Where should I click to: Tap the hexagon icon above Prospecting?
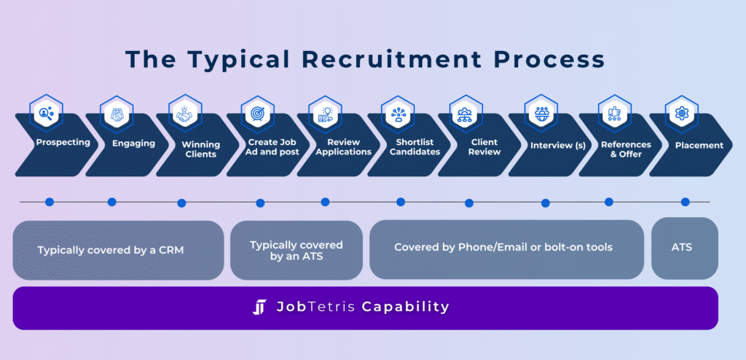pos(47,113)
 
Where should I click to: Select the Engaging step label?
pos(133,144)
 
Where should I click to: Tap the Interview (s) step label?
pos(557,146)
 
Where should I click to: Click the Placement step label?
pos(699,145)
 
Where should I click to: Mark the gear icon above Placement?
pos(682,113)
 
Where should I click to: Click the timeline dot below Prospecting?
pos(49,202)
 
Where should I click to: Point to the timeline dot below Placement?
pos(685,202)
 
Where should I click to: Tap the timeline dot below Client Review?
pos(469,203)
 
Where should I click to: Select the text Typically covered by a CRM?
pos(111,251)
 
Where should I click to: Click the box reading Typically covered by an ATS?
pos(296,251)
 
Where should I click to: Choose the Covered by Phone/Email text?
pos(503,247)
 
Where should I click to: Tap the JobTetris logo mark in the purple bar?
pos(260,308)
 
